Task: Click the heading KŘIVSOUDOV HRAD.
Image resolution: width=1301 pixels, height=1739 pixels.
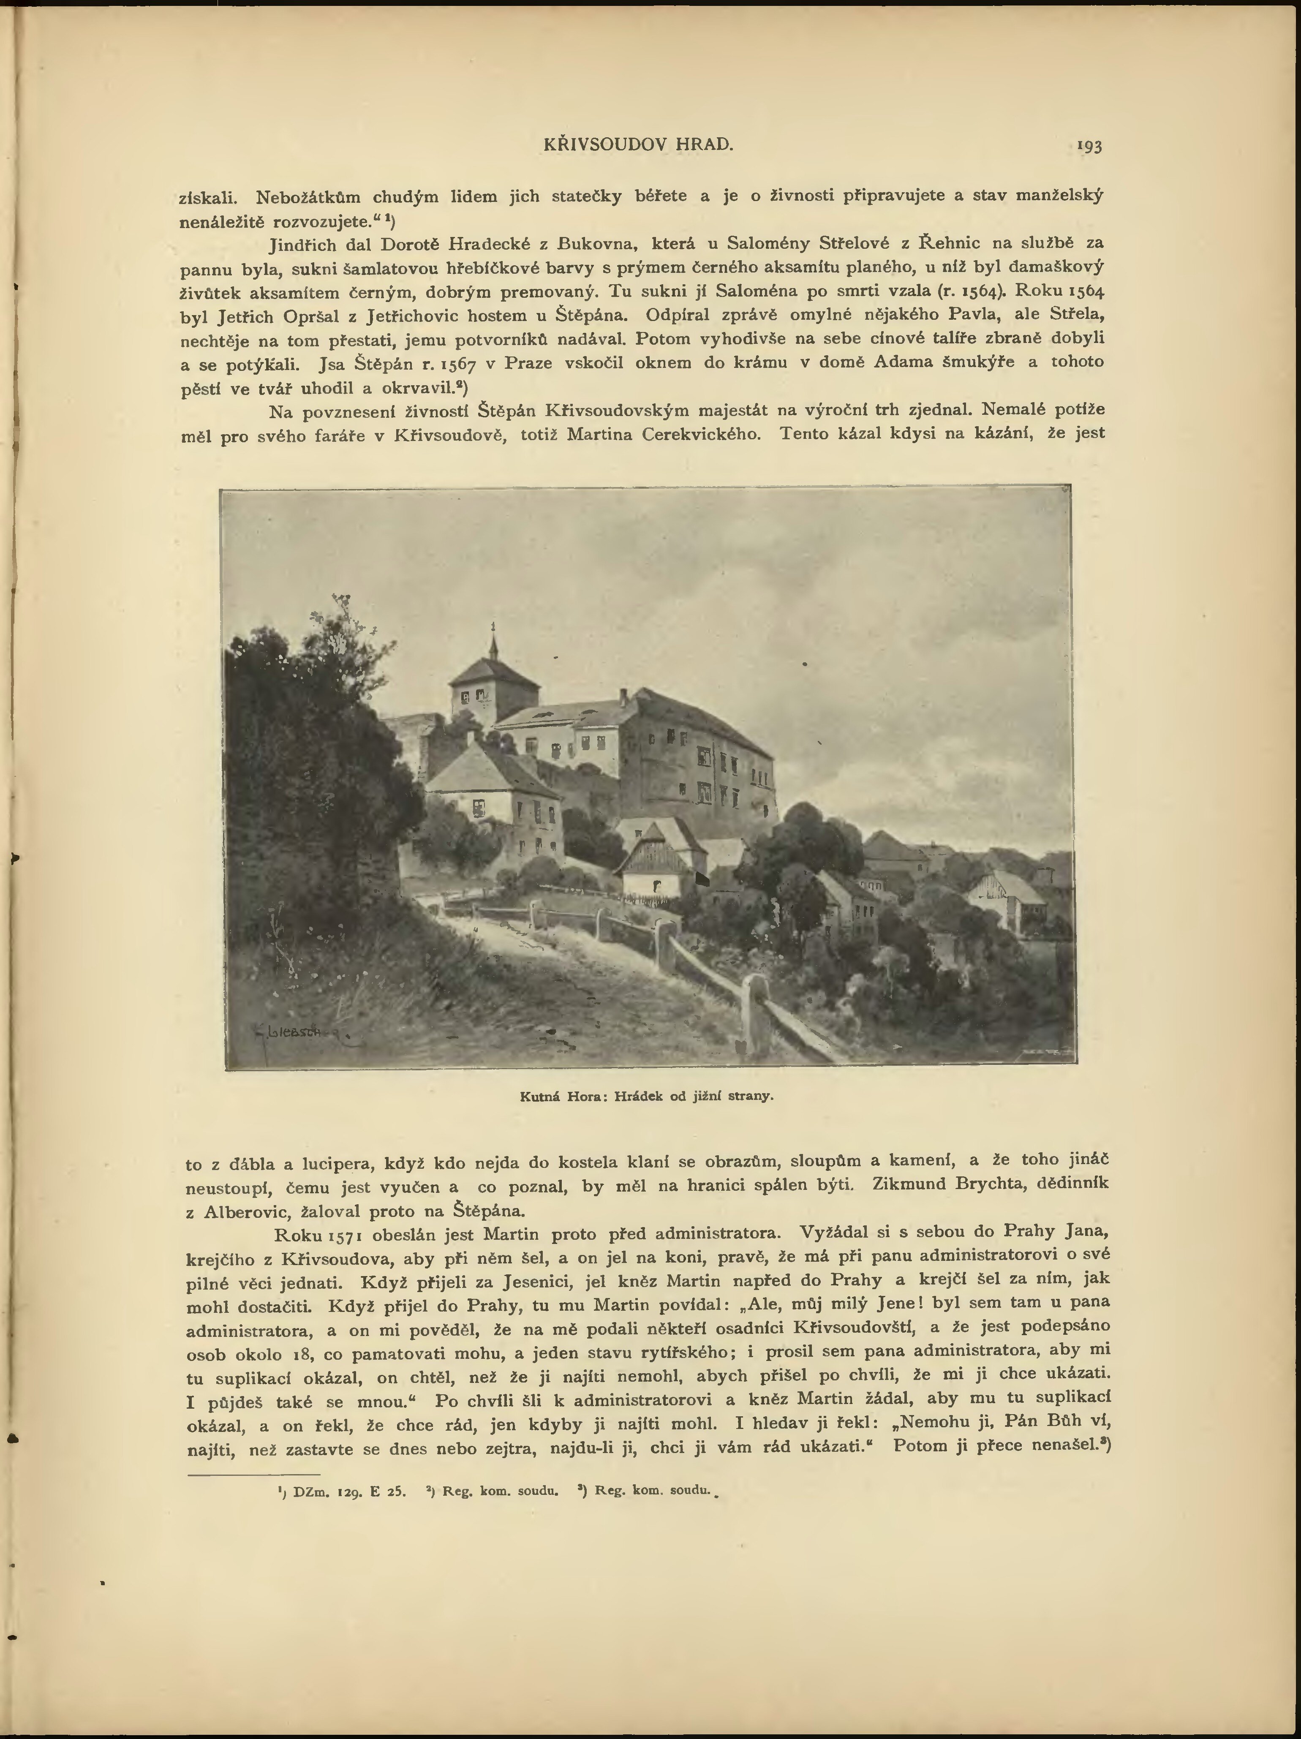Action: click(x=638, y=144)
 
